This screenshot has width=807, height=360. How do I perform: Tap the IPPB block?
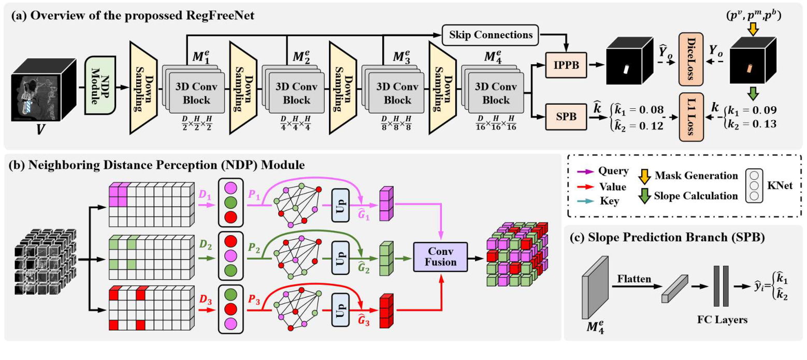click(x=565, y=66)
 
